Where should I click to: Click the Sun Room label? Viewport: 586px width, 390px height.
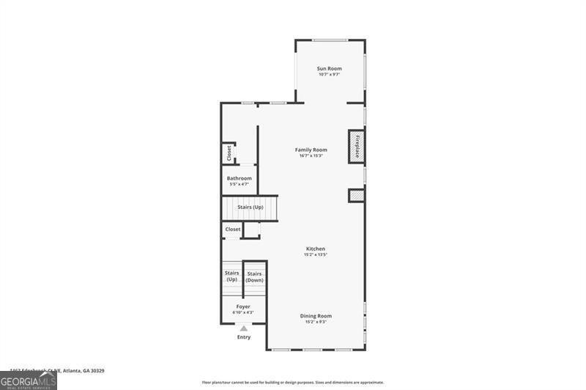tap(330, 68)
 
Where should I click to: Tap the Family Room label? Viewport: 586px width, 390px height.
tap(311, 150)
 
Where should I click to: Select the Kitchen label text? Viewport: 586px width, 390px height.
tap(315, 249)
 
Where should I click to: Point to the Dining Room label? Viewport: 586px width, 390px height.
tap(316, 316)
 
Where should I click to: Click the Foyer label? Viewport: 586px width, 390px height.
tap(243, 306)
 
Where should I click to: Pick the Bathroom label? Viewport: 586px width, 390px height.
tap(240, 178)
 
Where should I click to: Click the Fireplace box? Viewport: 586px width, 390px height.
tap(357, 146)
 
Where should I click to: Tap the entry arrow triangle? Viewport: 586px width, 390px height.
tap(244, 329)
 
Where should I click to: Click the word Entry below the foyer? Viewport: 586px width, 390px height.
tap(244, 337)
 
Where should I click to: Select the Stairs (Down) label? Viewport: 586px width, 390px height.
tap(254, 277)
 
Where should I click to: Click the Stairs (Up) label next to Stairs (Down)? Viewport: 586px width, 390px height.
tap(231, 276)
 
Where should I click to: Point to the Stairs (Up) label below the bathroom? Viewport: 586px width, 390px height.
tap(250, 207)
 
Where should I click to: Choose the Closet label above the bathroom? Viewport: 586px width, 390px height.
tap(229, 152)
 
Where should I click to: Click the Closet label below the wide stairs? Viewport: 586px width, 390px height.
tap(232, 229)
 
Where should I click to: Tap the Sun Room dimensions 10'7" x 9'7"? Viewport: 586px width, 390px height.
tap(330, 75)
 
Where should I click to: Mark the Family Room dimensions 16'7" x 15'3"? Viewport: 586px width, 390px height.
tap(311, 155)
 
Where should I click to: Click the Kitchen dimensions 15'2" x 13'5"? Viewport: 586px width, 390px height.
tap(315, 255)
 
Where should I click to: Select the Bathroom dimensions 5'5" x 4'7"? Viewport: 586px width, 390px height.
tap(240, 184)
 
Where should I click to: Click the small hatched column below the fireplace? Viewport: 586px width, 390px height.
tap(356, 196)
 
